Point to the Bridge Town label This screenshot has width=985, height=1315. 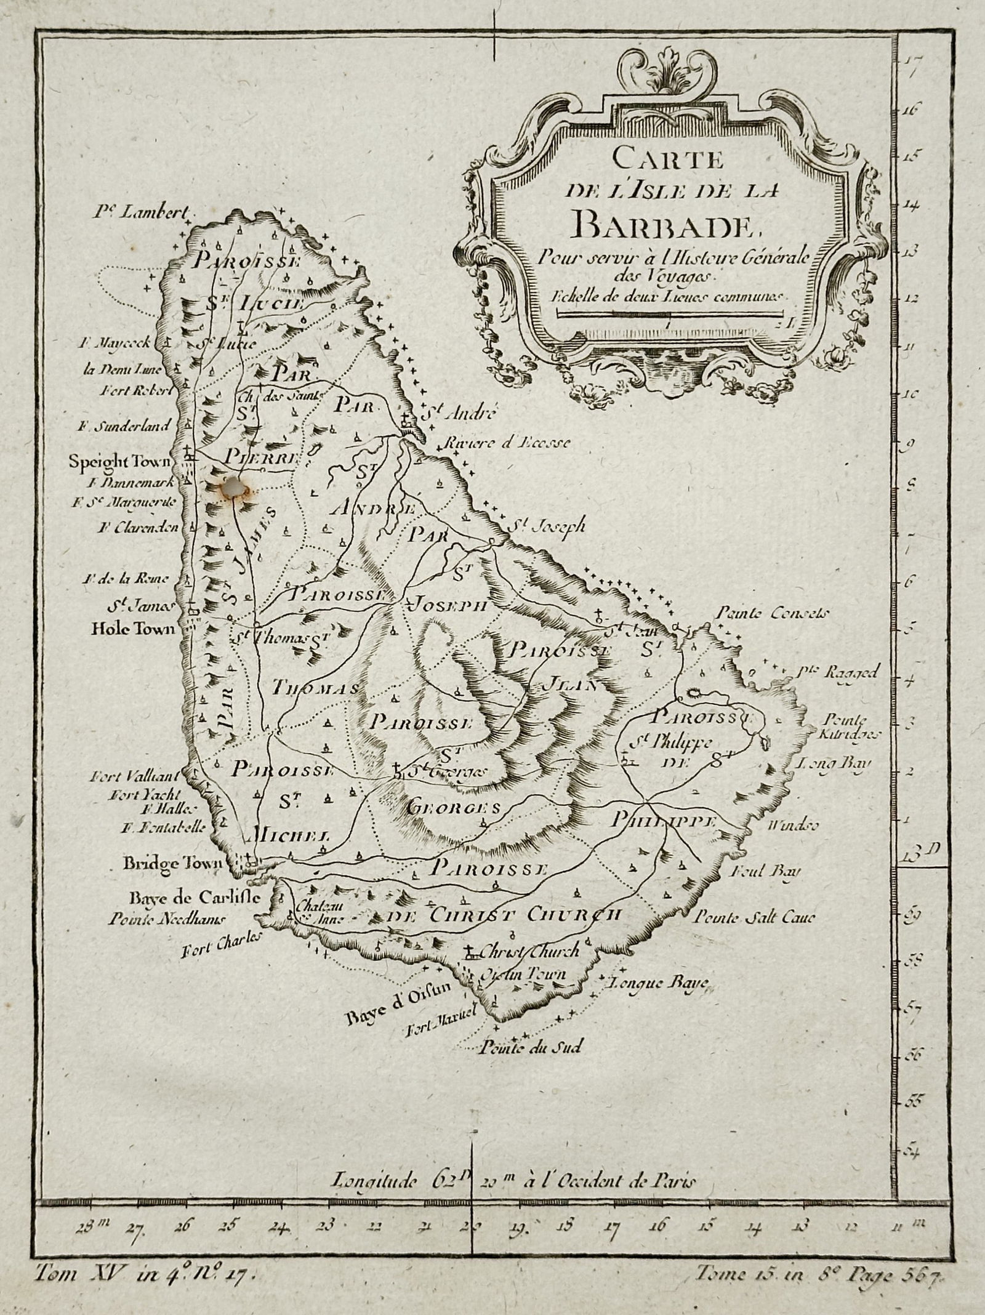[x=172, y=863]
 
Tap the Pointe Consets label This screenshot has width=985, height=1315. [x=774, y=613]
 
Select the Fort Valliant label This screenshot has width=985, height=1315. [x=143, y=775]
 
